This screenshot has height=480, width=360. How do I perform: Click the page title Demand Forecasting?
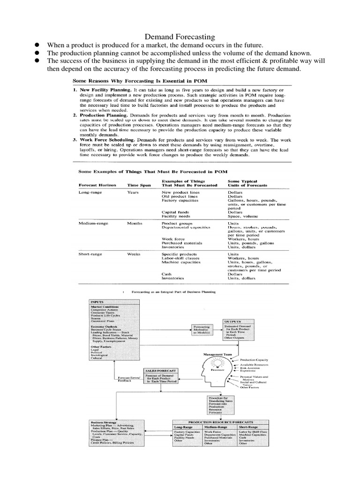pyautogui.click(x=180, y=36)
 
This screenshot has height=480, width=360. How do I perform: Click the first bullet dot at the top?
pyautogui.click(x=35, y=45)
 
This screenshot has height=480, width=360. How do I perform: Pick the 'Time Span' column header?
pyautogui.click(x=139, y=185)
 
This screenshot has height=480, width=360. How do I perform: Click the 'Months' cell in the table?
pyautogui.click(x=135, y=224)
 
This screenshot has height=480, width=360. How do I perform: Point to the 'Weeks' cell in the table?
pyautogui.click(x=134, y=254)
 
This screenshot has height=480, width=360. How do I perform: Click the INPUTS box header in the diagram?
pyautogui.click(x=97, y=302)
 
